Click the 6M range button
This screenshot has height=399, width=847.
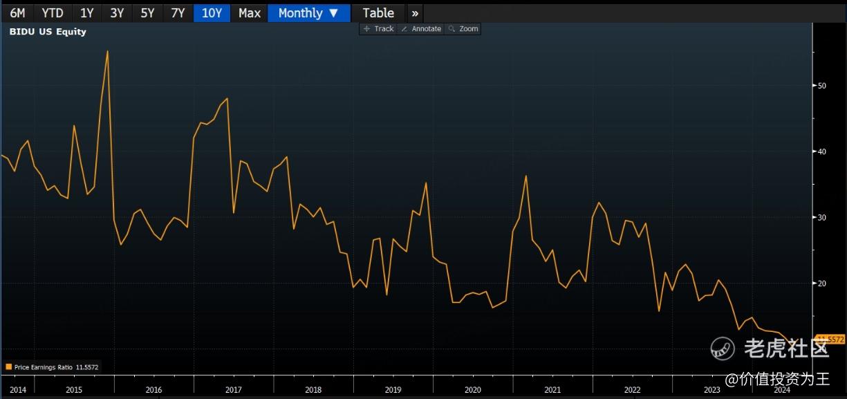tap(17, 12)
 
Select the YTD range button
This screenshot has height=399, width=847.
tap(53, 12)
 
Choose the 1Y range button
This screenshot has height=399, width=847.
tap(87, 12)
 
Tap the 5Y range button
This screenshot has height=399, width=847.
tap(147, 12)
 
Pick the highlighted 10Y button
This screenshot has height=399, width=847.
tap(212, 12)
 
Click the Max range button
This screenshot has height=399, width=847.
tap(250, 12)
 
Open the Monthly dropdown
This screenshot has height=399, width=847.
tap(308, 12)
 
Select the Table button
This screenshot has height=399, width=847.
tap(378, 12)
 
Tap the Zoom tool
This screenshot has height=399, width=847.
tap(463, 28)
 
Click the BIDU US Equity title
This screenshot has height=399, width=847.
tap(48, 31)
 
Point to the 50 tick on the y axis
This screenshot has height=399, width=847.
tap(822, 86)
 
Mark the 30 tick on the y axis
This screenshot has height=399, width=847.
tap(822, 217)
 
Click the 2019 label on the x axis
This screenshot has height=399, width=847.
tap(393, 389)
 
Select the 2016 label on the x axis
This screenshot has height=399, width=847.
tap(153, 389)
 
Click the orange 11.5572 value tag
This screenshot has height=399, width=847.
tap(831, 339)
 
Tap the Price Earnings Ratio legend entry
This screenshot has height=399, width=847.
tap(52, 367)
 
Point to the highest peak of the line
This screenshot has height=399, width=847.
tap(107, 50)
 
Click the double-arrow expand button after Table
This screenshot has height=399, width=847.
tap(415, 12)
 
